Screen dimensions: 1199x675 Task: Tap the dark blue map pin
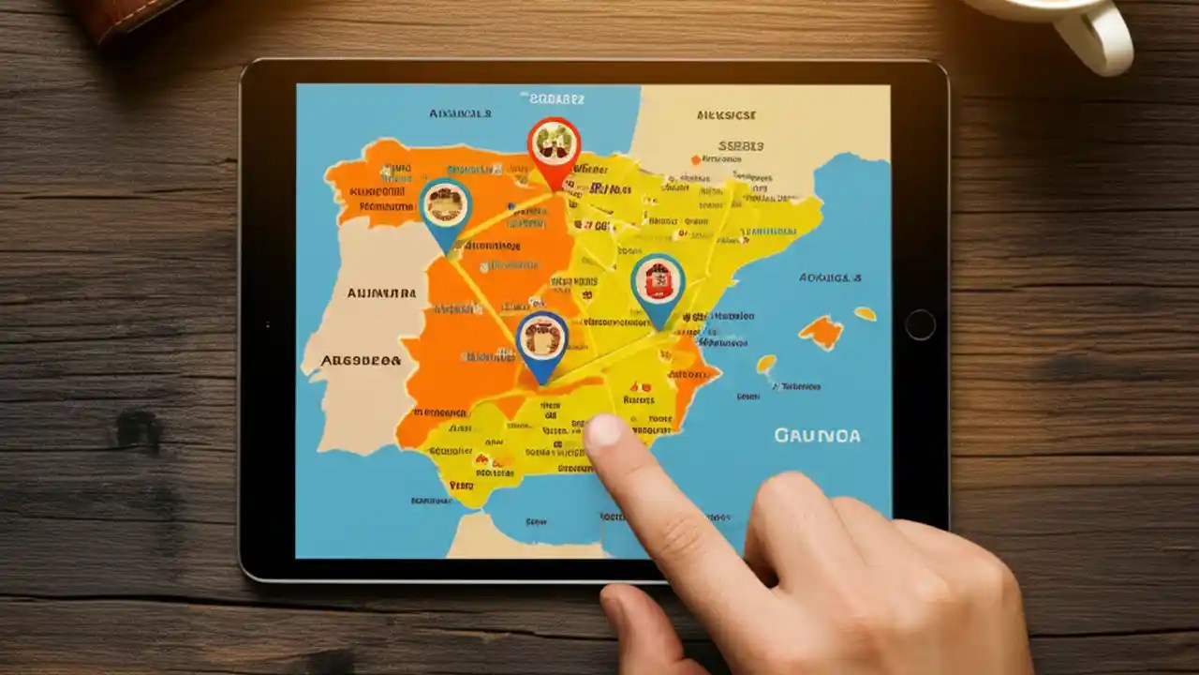(541, 341)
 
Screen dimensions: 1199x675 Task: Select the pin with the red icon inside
(658, 285)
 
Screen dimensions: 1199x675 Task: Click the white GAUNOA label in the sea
(817, 436)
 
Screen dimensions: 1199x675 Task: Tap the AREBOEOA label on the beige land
(361, 360)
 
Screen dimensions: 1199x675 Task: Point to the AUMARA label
(381, 293)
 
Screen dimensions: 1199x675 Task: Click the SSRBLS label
(740, 146)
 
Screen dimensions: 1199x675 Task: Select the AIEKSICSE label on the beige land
(727, 115)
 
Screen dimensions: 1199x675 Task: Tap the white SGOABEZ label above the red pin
(556, 97)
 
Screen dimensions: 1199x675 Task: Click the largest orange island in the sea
(822, 330)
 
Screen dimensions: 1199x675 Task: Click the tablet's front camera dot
(920, 324)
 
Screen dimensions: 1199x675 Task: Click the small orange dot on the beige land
(695, 159)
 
